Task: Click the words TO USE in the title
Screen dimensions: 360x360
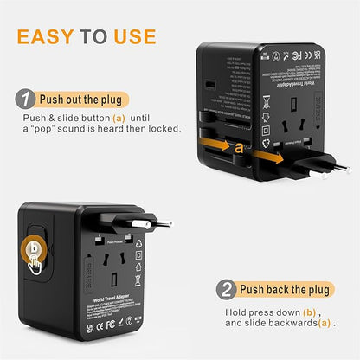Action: [x=118, y=36]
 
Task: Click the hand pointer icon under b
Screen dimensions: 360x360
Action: [x=35, y=264]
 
